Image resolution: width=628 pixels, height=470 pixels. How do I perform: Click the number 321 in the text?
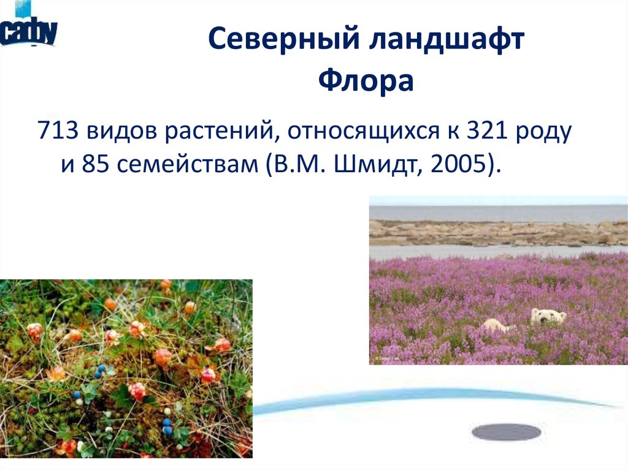(488, 131)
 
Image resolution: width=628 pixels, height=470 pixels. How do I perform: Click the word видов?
(121, 131)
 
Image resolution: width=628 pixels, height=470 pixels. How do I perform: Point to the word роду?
(542, 131)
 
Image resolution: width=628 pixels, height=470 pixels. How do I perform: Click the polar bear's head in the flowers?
(548, 316)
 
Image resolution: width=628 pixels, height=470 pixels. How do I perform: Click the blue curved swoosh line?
(429, 398)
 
